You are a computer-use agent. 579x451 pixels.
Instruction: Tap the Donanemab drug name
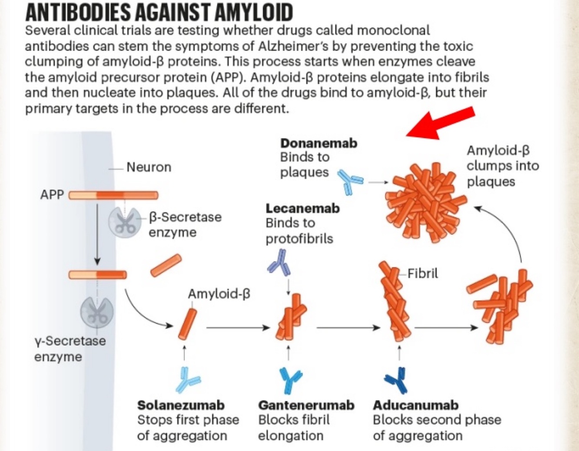[319, 143]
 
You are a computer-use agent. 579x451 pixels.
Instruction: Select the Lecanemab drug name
[303, 209]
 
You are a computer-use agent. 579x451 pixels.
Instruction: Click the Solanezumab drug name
[181, 405]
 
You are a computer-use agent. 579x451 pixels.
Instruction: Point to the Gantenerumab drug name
[306, 405]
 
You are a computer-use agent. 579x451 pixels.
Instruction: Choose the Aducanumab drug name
[415, 405]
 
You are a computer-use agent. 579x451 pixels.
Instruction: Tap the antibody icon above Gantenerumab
[290, 379]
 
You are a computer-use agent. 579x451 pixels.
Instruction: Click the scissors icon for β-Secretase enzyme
[125, 222]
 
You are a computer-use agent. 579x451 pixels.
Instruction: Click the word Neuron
[149, 167]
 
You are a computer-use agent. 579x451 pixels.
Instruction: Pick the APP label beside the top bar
[52, 194]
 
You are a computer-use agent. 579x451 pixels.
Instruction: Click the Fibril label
[422, 273]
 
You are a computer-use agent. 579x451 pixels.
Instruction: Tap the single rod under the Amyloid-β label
[188, 324]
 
